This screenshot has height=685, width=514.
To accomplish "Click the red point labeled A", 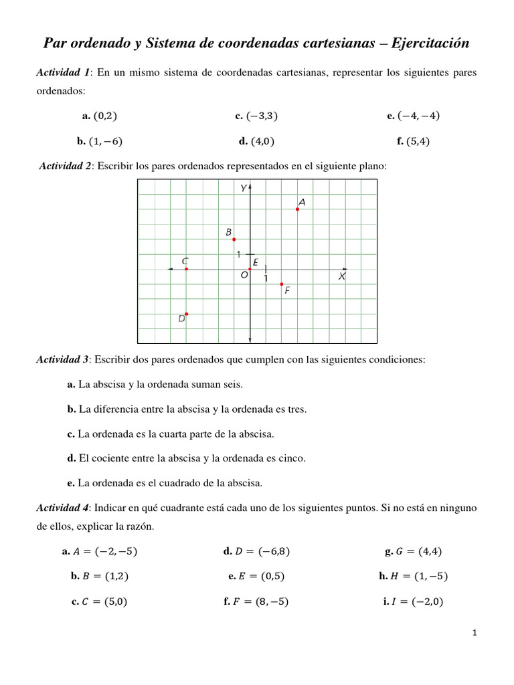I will (297, 209).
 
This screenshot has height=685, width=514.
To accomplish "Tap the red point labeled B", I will (234, 239).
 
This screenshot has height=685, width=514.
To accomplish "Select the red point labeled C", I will (186, 269).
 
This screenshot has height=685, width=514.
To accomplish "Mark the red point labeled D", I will (186, 314).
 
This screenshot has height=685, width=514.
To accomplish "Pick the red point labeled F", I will (281, 284).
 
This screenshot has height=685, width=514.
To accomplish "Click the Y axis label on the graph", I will (244, 188).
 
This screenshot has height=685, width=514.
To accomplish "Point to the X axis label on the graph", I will (341, 276).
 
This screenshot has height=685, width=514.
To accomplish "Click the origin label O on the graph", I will (244, 275).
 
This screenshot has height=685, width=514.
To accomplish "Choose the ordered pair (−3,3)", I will (262, 116).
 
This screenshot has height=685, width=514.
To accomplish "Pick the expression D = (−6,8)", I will (262, 552).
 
